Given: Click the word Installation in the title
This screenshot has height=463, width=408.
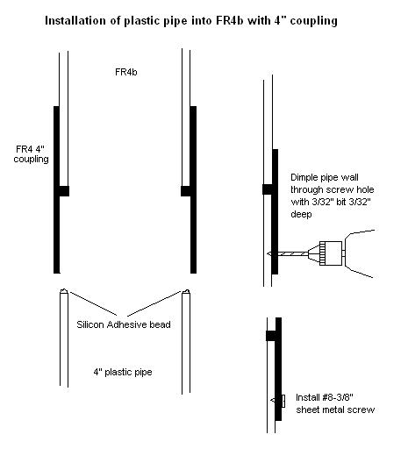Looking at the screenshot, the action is coord(75,21).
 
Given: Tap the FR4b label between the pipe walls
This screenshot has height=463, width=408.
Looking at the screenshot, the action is coord(126,72).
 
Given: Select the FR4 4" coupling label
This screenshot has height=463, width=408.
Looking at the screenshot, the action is coord(31,154).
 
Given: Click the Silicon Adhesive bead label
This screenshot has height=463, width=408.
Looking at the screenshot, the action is coord(124,324).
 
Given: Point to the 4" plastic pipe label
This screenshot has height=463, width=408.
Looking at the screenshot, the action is coord(123,372).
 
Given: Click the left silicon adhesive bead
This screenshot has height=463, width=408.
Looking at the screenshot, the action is coord(64,291).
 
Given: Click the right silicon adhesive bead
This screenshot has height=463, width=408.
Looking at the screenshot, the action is coord(186,291).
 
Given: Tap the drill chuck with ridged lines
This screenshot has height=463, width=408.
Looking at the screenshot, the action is coord(331,253).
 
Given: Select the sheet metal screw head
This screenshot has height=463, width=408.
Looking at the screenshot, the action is coord(283,401).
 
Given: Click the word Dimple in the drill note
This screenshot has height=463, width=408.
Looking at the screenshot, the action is coord(304,177).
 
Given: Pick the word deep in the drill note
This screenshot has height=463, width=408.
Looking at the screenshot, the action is coord(301,214).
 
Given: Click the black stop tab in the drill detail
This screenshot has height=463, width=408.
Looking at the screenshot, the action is coord(268,189).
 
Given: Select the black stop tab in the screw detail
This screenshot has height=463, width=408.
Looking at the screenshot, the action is coord(271,336).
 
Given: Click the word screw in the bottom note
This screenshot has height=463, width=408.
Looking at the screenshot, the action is coord(361,410).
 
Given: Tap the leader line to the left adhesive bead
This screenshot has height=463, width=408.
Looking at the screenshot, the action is coord(93,303).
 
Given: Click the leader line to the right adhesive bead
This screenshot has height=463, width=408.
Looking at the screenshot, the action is coord(154,303).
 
